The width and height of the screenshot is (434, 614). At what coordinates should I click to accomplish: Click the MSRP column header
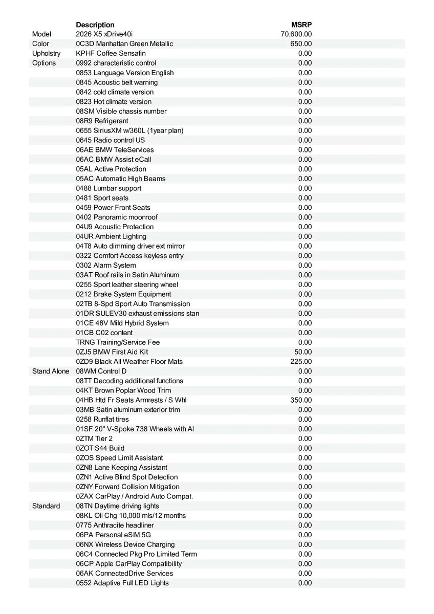301,25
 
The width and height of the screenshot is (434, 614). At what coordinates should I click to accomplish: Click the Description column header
95,25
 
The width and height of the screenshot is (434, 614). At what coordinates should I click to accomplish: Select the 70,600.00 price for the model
296,34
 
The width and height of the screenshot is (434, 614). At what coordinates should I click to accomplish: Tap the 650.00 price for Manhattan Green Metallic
301,44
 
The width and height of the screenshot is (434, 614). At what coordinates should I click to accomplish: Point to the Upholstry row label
46,54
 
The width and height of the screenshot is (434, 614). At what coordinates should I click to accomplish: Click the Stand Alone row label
50,371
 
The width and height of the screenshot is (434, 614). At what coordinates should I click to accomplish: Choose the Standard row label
46,506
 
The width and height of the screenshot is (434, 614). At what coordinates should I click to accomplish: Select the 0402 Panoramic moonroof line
117,217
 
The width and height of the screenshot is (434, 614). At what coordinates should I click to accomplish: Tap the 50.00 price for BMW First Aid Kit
303,352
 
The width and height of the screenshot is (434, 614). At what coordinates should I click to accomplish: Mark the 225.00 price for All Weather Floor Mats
301,362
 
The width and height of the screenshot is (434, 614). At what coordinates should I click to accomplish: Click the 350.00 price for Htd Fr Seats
301,400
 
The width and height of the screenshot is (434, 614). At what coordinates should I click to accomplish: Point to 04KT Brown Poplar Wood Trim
123,390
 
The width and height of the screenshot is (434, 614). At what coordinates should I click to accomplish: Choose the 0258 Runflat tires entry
102,420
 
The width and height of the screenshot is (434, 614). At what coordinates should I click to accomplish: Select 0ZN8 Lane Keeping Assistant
121,468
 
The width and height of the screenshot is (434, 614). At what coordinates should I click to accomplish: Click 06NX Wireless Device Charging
125,544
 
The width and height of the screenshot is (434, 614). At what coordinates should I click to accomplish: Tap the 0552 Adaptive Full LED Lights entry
122,583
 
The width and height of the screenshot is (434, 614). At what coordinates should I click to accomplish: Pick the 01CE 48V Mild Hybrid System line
122,323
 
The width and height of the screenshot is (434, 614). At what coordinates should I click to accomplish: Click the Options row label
44,63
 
